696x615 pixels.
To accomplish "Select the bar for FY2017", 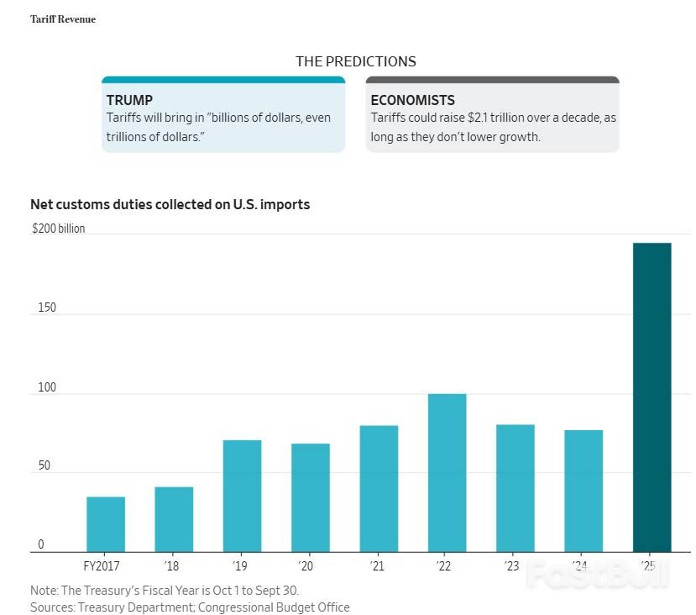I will click(106, 524).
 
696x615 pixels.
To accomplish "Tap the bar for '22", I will click(447, 472).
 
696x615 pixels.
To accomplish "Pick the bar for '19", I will click(242, 496).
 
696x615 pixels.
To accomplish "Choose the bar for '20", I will click(311, 497).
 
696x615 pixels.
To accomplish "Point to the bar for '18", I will click(174, 519).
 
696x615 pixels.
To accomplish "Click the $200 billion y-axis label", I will click(58, 229).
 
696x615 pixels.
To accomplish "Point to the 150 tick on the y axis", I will click(46, 307).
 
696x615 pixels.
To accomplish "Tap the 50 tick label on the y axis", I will click(44, 465).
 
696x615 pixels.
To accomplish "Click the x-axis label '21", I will click(377, 566).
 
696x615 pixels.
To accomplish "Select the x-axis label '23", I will click(511, 566).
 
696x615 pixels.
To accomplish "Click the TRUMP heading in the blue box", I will click(129, 100).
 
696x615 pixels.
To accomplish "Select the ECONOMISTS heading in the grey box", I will click(412, 100).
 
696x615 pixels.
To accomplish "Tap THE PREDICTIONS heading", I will click(355, 61).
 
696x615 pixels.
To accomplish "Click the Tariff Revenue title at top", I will click(63, 19).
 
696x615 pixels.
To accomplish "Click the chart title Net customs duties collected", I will click(170, 204).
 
